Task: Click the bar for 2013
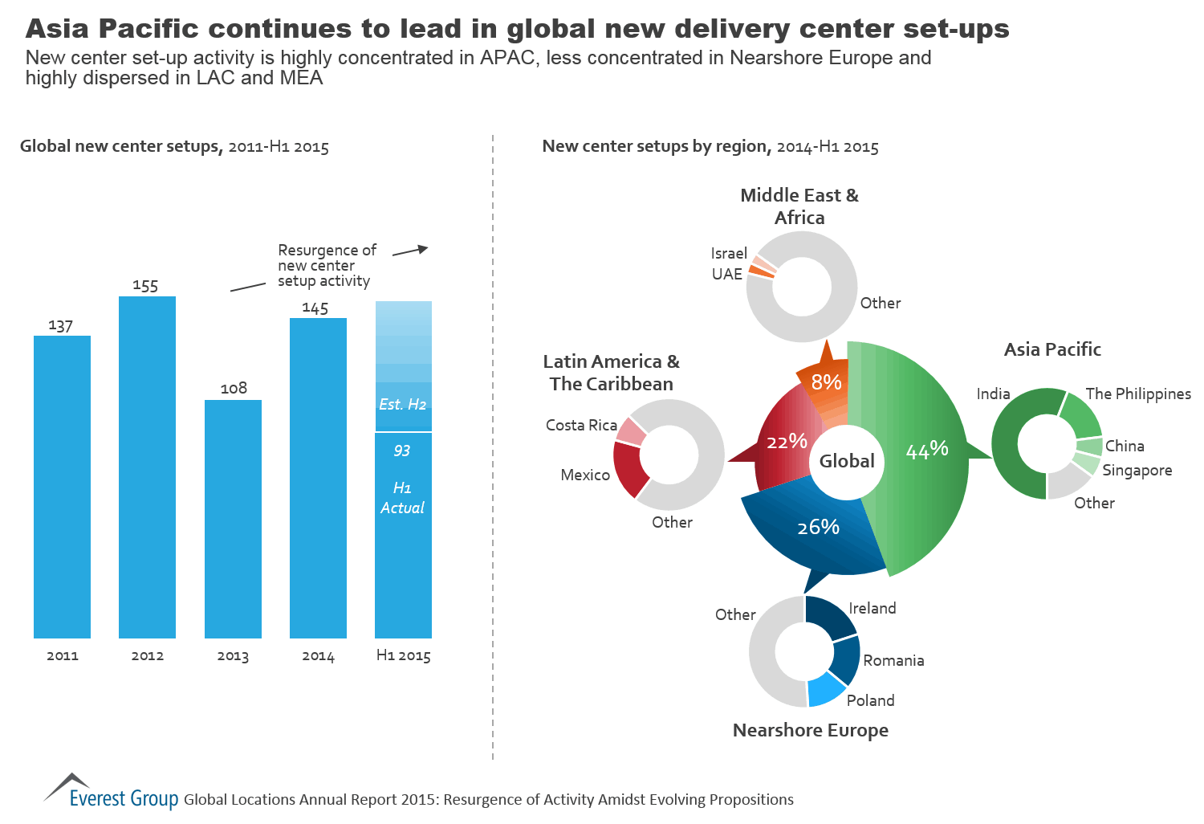click(x=233, y=518)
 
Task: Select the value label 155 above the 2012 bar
click(x=145, y=286)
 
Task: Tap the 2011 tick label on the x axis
click(x=63, y=655)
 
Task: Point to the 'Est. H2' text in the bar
click(x=403, y=404)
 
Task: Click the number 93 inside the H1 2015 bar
click(x=402, y=451)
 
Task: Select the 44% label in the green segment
click(x=927, y=450)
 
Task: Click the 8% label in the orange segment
click(x=826, y=382)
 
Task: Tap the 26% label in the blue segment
click(x=818, y=527)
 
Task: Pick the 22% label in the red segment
click(x=787, y=441)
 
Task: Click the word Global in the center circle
click(x=847, y=461)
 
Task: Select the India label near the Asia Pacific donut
click(x=993, y=394)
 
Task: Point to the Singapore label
click(x=1137, y=470)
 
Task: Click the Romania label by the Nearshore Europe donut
click(x=893, y=660)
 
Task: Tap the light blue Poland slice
click(x=826, y=690)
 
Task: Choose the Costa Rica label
click(x=581, y=425)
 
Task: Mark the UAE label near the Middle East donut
click(x=727, y=274)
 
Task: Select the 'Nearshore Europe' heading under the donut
click(x=811, y=730)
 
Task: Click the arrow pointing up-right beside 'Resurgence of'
click(x=411, y=251)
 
